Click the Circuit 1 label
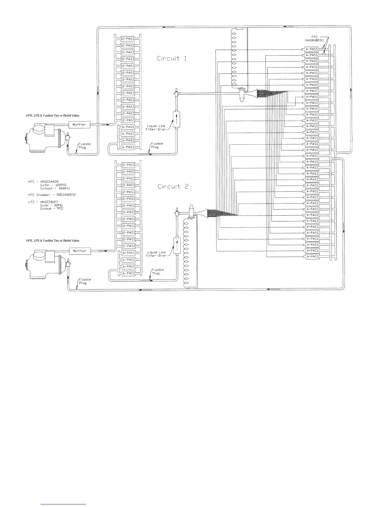[172, 59]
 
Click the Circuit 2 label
[173, 187]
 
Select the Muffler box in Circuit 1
[79, 125]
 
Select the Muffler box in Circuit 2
[80, 251]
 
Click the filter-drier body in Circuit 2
[176, 246]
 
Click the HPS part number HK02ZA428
[49, 181]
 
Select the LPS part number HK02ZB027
[49, 202]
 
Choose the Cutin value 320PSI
[61, 185]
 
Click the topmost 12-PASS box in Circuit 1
[127, 38]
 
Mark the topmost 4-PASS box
[311, 49]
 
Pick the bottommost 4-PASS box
[312, 257]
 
